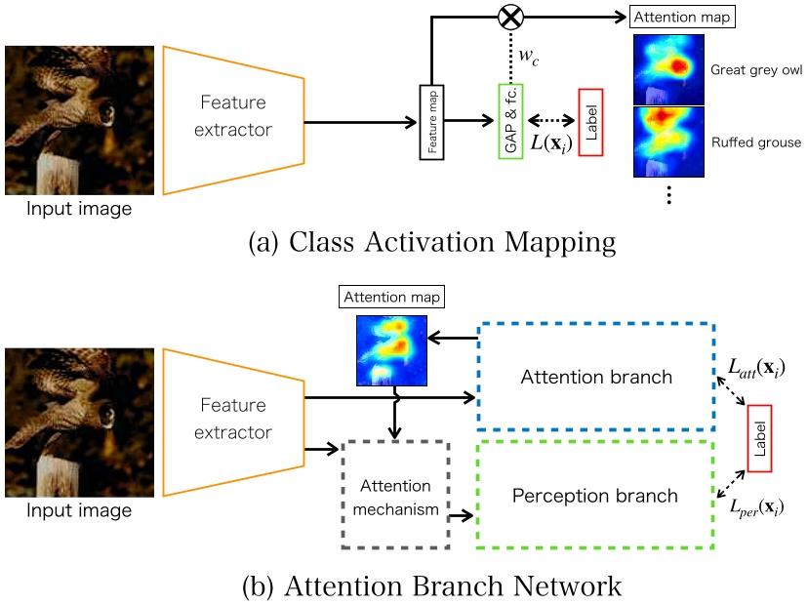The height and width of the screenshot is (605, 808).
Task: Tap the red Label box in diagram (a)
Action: point(591,122)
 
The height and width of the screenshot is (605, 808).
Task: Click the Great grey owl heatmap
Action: point(669,69)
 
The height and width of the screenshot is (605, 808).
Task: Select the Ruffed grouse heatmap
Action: point(669,142)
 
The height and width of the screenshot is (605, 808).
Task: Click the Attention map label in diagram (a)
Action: point(669,19)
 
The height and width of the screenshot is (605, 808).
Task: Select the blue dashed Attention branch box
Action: point(596,376)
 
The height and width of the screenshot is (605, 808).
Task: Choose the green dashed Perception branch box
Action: point(595,494)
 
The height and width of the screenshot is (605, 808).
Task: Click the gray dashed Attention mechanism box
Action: point(395,497)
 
